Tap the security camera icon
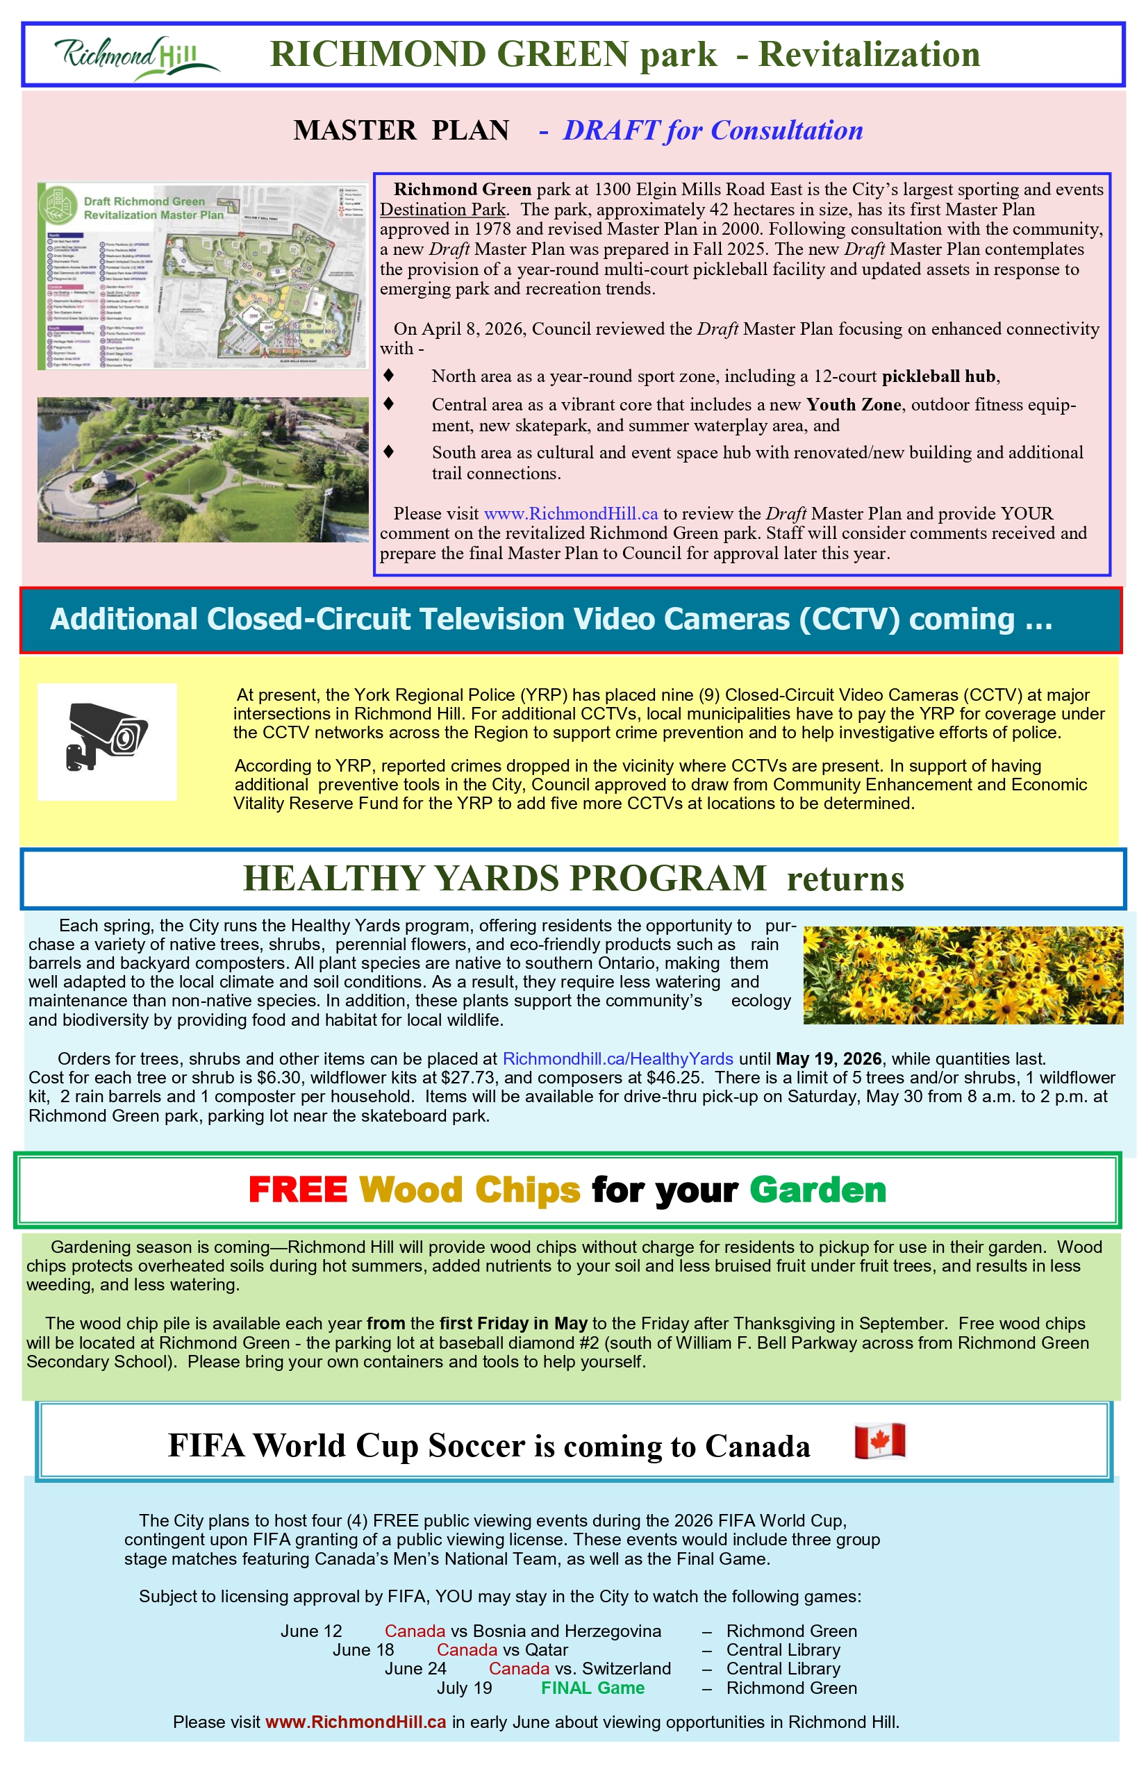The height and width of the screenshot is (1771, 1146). [x=107, y=741]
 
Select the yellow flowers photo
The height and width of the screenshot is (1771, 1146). [x=963, y=975]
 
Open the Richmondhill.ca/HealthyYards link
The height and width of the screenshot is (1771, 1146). [x=617, y=1058]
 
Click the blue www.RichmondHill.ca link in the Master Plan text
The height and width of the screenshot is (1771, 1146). [x=571, y=513]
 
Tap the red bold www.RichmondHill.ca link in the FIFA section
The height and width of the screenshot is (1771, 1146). [x=356, y=1722]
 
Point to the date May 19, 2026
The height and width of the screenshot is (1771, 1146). [x=828, y=1058]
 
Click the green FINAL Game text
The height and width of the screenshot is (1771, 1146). [x=592, y=1688]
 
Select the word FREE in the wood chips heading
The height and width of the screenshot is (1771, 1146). [x=298, y=1190]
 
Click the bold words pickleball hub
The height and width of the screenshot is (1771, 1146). [x=938, y=376]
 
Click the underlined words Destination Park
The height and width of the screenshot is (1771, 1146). [x=443, y=210]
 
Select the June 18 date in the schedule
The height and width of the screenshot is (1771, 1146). [x=363, y=1649]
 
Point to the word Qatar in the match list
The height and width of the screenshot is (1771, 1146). [x=547, y=1649]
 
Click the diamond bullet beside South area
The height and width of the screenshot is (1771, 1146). [x=388, y=451]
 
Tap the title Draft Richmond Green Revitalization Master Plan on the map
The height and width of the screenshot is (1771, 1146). [x=153, y=208]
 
